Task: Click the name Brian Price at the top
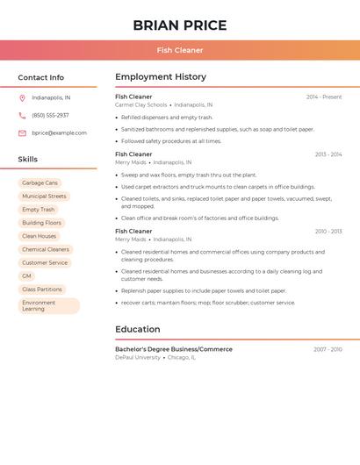180,25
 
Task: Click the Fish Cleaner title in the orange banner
180,50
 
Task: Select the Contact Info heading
40,77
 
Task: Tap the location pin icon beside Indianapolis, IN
22,97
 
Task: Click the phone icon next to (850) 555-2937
22,115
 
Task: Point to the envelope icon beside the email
22,132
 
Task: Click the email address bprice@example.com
59,132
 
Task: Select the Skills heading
28,160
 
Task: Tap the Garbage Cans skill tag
40,182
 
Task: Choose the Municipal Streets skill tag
44,197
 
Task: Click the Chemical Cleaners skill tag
46,249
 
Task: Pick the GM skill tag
26,275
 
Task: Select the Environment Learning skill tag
48,305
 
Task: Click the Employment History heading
161,77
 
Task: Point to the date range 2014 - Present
324,97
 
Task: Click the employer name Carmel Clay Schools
140,104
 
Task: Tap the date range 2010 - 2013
328,232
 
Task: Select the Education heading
138,330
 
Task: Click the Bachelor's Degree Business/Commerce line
174,349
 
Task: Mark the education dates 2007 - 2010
328,349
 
